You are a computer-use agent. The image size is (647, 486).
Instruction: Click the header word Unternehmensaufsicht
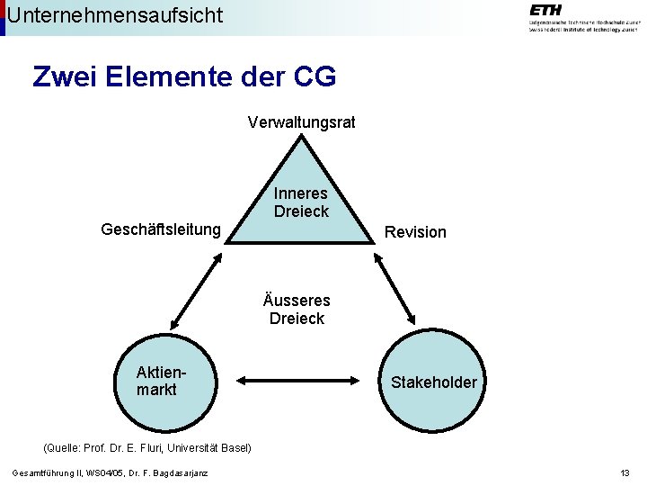coord(115,14)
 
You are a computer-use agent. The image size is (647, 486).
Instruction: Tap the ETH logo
coord(582,17)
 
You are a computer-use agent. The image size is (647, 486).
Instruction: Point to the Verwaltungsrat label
coord(301,121)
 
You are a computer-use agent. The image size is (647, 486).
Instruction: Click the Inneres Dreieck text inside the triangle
coord(301,202)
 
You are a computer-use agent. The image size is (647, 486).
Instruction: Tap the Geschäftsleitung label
coord(161,229)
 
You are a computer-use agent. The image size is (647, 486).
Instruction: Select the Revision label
coord(415,232)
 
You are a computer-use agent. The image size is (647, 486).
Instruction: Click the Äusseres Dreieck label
coord(297,309)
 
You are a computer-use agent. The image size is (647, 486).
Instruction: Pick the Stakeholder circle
coord(434,382)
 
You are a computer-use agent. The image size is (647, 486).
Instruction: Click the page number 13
coord(625,473)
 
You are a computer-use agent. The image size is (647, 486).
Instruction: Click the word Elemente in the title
coord(158,77)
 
